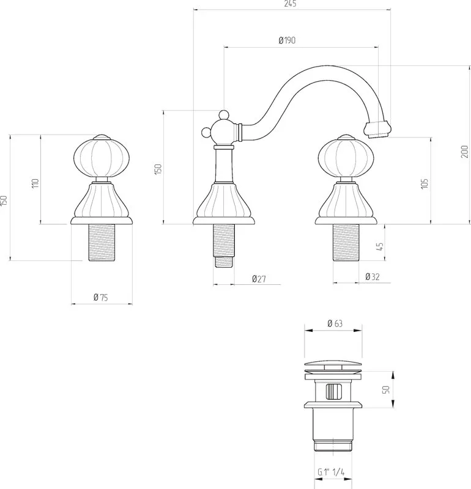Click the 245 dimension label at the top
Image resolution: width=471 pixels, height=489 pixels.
coord(291,4)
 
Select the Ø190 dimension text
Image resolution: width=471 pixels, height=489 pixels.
coord(287,40)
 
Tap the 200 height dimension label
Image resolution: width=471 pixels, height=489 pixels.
coord(464,152)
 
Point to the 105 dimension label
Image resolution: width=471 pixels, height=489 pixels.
coord(424,183)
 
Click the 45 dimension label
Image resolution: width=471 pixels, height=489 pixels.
coord(379,247)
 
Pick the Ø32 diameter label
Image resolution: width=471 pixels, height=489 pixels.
coord(373,277)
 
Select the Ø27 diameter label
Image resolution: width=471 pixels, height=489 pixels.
coord(259,279)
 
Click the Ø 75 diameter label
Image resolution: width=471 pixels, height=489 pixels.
coord(100,297)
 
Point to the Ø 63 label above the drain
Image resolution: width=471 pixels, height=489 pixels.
coord(335,323)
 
